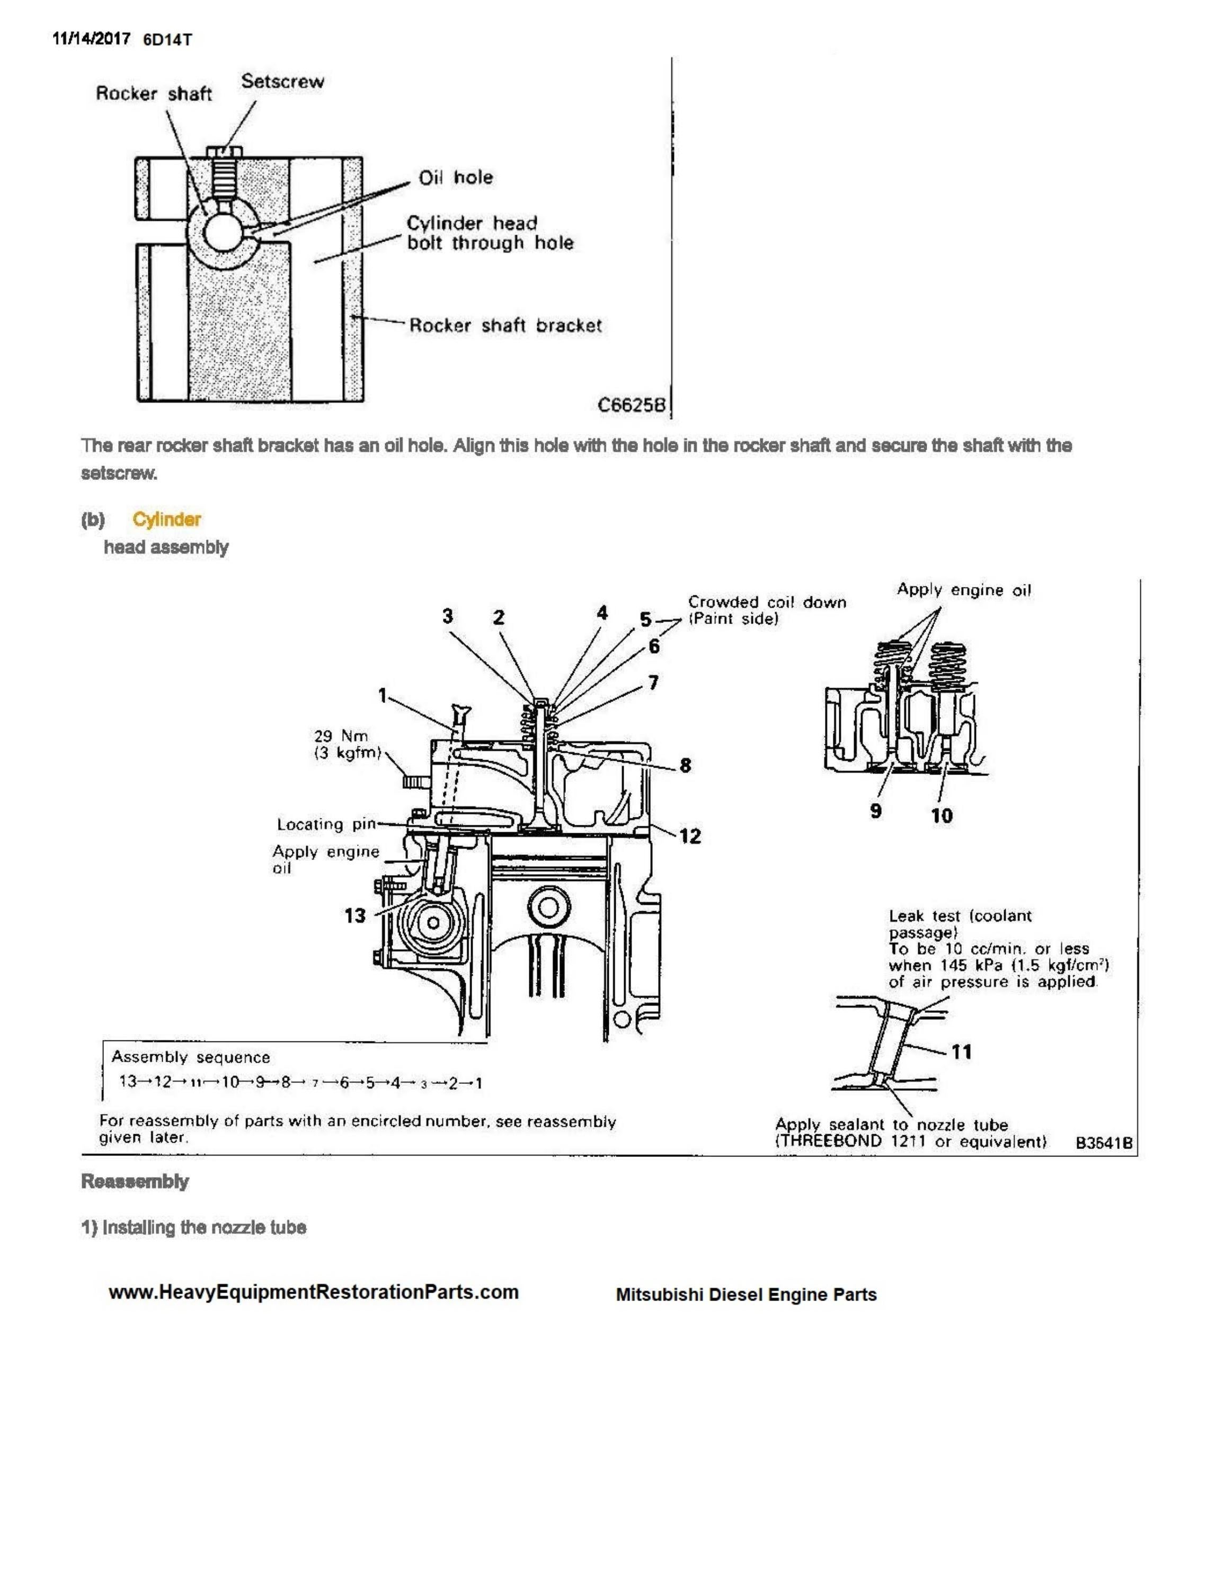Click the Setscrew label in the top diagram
pyautogui.click(x=282, y=81)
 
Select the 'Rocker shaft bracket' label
pyautogui.click(x=505, y=325)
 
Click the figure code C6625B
pyautogui.click(x=631, y=405)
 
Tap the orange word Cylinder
pyautogui.click(x=166, y=519)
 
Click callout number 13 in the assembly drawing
pyautogui.click(x=355, y=915)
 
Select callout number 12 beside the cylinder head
pyautogui.click(x=689, y=836)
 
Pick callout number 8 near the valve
pyautogui.click(x=685, y=765)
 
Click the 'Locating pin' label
pyautogui.click(x=326, y=824)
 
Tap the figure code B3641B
pyautogui.click(x=1103, y=1143)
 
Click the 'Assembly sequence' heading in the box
pyautogui.click(x=190, y=1057)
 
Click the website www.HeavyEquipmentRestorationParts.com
pyautogui.click(x=314, y=1292)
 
